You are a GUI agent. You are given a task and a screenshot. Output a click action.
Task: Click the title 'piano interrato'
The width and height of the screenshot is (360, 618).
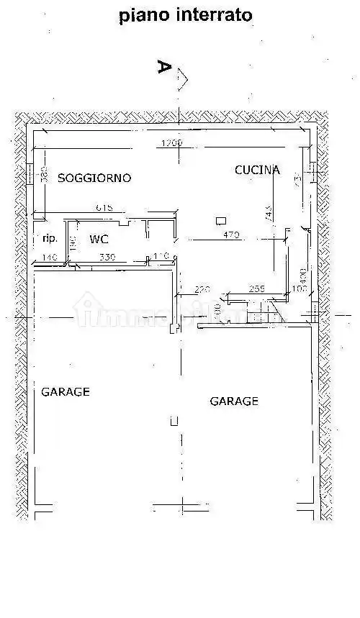186,16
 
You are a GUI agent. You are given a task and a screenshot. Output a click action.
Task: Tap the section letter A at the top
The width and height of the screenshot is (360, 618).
164,68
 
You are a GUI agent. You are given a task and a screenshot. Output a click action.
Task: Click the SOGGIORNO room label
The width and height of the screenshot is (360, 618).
94,177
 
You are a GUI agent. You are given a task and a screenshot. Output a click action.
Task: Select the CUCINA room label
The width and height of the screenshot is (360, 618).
257,170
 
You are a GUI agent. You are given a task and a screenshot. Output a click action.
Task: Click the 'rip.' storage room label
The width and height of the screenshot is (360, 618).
50,238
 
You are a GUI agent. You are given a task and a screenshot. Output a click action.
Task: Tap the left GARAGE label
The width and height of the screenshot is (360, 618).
65,392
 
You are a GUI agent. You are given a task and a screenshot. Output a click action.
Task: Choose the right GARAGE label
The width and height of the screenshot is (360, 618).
234,401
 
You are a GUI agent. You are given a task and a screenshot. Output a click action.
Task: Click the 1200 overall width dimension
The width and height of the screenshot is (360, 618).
171,143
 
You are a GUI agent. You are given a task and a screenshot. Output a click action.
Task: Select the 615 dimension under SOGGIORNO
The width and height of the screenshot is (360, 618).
105,208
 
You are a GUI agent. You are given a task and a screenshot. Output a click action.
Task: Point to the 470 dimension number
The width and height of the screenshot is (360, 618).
230,235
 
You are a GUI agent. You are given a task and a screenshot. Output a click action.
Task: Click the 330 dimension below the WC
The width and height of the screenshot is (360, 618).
107,257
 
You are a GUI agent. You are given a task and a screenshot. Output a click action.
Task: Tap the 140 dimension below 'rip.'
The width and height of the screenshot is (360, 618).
49,257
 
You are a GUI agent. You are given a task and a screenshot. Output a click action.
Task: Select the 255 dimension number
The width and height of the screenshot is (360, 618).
258,289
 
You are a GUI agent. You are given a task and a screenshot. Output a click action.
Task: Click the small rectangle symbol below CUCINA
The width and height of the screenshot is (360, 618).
222,221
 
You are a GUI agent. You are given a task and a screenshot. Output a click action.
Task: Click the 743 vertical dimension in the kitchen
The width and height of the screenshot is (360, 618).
268,212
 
